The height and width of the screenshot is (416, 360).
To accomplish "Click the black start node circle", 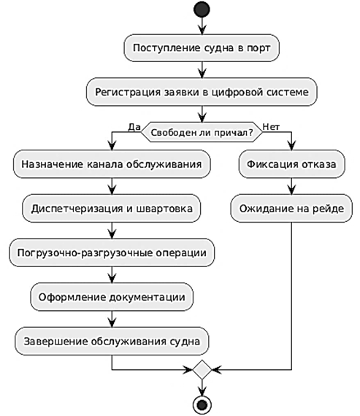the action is point(202,9).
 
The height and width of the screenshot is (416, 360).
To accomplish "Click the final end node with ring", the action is point(202,405).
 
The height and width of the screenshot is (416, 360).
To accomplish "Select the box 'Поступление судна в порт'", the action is point(202,47).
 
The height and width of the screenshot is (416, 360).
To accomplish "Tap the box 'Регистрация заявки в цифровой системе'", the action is point(202,92).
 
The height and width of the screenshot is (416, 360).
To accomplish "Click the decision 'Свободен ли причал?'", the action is point(202,132).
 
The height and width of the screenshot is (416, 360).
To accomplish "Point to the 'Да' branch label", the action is point(134,127).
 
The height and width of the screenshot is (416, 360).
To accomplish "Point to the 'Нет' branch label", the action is point(271,127).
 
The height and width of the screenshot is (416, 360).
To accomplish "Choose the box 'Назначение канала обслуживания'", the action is point(112,164).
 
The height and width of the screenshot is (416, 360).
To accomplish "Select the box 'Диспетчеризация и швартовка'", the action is point(112,208).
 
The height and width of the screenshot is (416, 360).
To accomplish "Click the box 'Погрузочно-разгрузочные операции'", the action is point(112,253).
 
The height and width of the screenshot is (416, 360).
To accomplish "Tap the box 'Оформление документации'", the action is point(112,297).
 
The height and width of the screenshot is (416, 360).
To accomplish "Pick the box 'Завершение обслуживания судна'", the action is point(112,341).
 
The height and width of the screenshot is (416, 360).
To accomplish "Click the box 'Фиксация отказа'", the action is point(292,164).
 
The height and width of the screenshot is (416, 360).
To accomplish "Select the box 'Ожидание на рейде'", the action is point(291,208).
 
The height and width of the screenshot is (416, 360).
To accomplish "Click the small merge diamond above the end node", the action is point(202,369).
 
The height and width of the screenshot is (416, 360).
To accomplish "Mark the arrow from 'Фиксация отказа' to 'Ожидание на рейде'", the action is point(292,186).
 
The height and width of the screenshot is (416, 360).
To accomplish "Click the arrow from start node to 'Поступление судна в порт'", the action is point(202,26).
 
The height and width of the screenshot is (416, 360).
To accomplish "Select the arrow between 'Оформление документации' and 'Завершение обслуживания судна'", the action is point(112,319).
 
